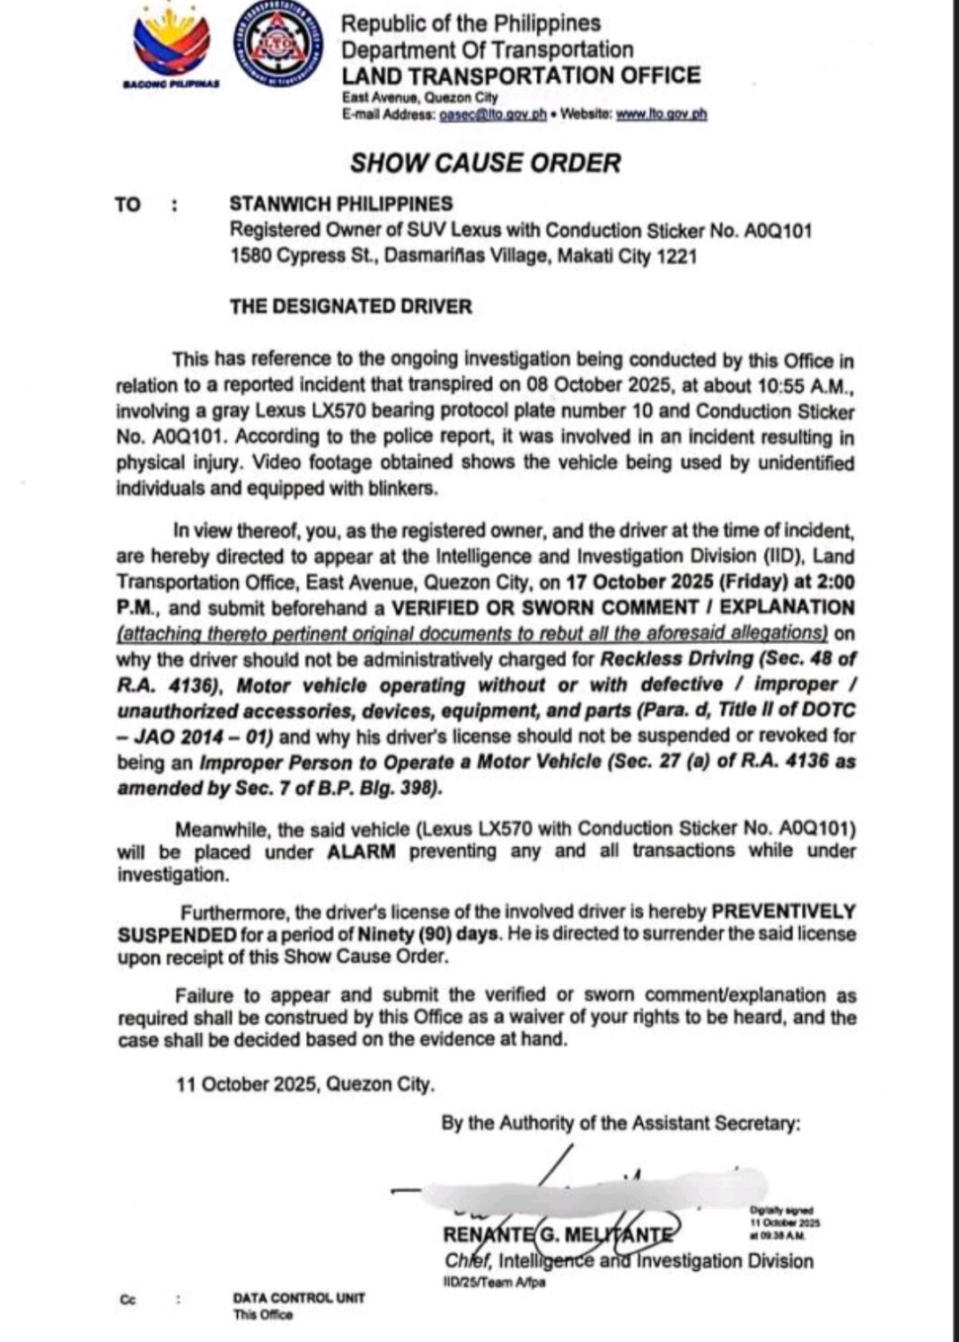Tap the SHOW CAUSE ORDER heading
click(485, 163)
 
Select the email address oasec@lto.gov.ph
click(493, 114)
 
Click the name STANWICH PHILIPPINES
click(341, 204)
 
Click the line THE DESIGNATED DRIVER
click(350, 306)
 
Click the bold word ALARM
click(361, 851)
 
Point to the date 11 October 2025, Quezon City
click(305, 1084)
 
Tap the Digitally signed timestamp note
click(785, 1223)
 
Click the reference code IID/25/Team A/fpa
click(494, 1282)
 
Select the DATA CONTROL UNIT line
click(298, 1298)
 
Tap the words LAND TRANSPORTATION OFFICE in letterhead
click(521, 75)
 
